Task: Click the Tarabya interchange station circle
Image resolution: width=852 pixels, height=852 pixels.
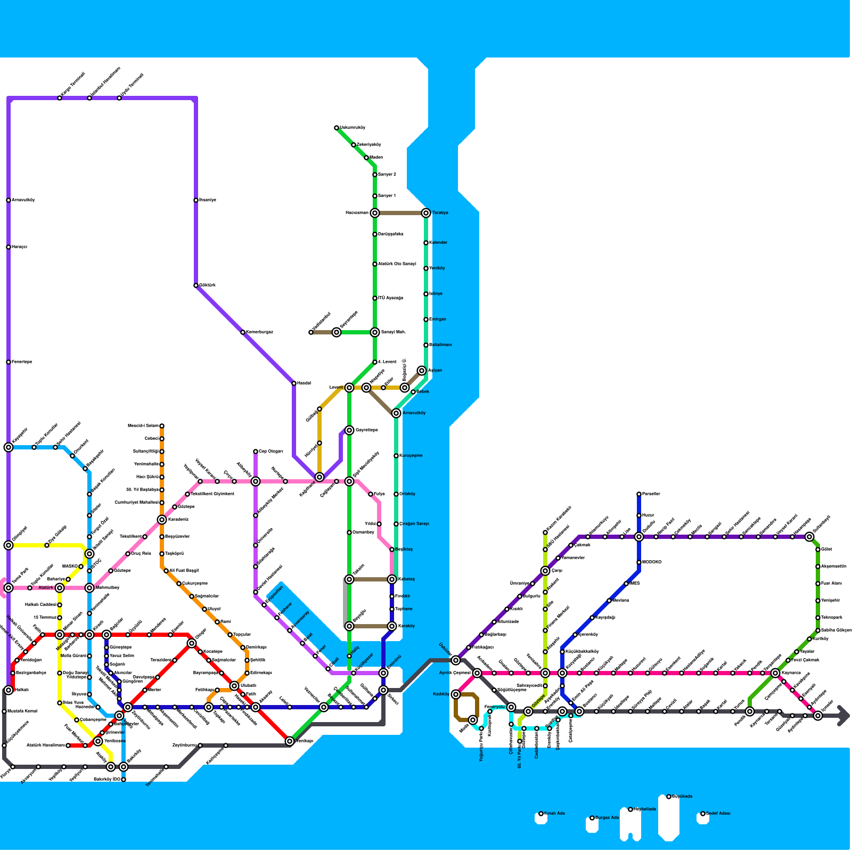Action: tap(426, 213)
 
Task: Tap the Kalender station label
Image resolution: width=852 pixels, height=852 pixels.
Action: tap(439, 243)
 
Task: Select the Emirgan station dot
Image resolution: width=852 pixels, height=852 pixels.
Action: tap(426, 319)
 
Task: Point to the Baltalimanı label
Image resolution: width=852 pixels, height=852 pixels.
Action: tap(441, 345)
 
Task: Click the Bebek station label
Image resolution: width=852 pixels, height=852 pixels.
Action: tap(423, 392)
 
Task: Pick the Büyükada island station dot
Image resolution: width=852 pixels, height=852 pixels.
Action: tap(669, 797)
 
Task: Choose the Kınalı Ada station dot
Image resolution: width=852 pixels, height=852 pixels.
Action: tap(541, 814)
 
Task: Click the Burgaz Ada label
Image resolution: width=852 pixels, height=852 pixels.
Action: tap(607, 818)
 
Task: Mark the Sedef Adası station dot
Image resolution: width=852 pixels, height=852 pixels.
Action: tap(703, 814)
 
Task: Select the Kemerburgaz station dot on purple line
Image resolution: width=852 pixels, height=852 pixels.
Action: tap(243, 332)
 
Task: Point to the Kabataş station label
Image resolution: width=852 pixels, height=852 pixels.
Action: tap(406, 579)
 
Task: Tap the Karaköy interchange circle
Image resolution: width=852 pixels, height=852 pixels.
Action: tap(392, 626)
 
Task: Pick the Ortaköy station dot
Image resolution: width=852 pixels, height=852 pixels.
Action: tap(396, 494)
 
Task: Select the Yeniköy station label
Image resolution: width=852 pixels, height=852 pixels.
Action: tap(438, 268)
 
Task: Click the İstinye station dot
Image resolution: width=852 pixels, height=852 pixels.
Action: tap(426, 294)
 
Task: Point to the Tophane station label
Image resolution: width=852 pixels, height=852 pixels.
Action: tap(404, 609)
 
